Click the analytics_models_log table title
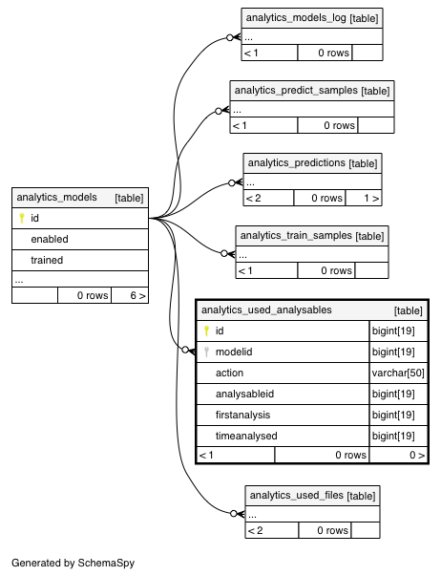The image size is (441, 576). [296, 17]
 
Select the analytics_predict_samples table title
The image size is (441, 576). [296, 91]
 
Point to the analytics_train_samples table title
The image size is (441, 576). [296, 236]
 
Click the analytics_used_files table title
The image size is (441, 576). [297, 495]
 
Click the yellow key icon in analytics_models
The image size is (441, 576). [22, 218]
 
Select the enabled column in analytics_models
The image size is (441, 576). [50, 239]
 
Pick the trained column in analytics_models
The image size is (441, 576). [47, 260]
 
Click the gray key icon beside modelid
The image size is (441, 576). [206, 352]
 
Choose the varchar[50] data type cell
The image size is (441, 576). [398, 373]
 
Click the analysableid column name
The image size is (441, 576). [244, 395]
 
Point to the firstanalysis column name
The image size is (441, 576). [242, 416]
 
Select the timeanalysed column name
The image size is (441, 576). [246, 436]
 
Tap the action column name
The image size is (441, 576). [229, 373]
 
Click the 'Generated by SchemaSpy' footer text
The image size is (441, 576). [73, 563]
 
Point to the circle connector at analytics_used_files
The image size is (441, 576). [234, 514]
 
